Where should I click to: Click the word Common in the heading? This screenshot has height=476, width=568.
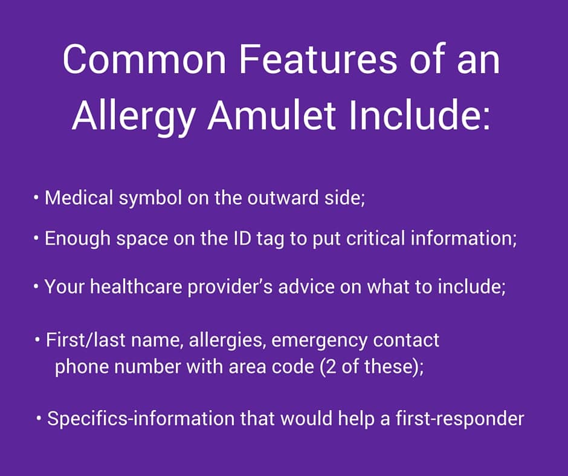(x=144, y=59)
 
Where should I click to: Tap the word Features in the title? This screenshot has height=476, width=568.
(x=318, y=59)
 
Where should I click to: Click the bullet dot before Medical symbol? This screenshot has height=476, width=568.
(x=36, y=198)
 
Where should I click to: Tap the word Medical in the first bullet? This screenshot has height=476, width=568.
(x=79, y=198)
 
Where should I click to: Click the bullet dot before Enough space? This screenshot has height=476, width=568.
(x=36, y=238)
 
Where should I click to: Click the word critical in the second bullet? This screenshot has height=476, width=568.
(x=375, y=238)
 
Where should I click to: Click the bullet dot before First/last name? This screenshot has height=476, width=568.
(x=37, y=340)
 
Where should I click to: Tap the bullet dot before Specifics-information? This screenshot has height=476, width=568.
(x=39, y=419)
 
